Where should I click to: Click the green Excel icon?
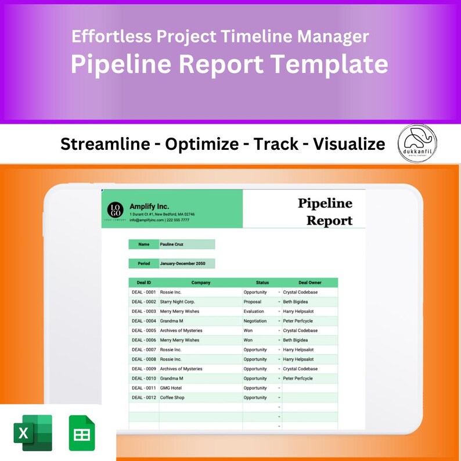(33, 433)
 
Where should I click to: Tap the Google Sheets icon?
(82, 433)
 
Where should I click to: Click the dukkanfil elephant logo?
(417, 143)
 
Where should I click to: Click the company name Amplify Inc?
(149, 206)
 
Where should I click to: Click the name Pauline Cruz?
(172, 244)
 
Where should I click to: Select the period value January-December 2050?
(183, 264)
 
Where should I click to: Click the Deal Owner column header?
(309, 283)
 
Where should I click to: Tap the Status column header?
(262, 283)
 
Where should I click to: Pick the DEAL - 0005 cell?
(143, 330)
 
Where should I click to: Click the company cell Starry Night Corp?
(178, 302)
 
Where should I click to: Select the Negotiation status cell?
(255, 321)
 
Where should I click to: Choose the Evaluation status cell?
(254, 311)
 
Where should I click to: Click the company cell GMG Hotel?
(172, 388)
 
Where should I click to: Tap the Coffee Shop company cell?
(172, 398)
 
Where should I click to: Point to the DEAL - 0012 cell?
(143, 398)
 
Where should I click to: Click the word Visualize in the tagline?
(349, 144)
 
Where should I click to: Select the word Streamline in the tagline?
(105, 144)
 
